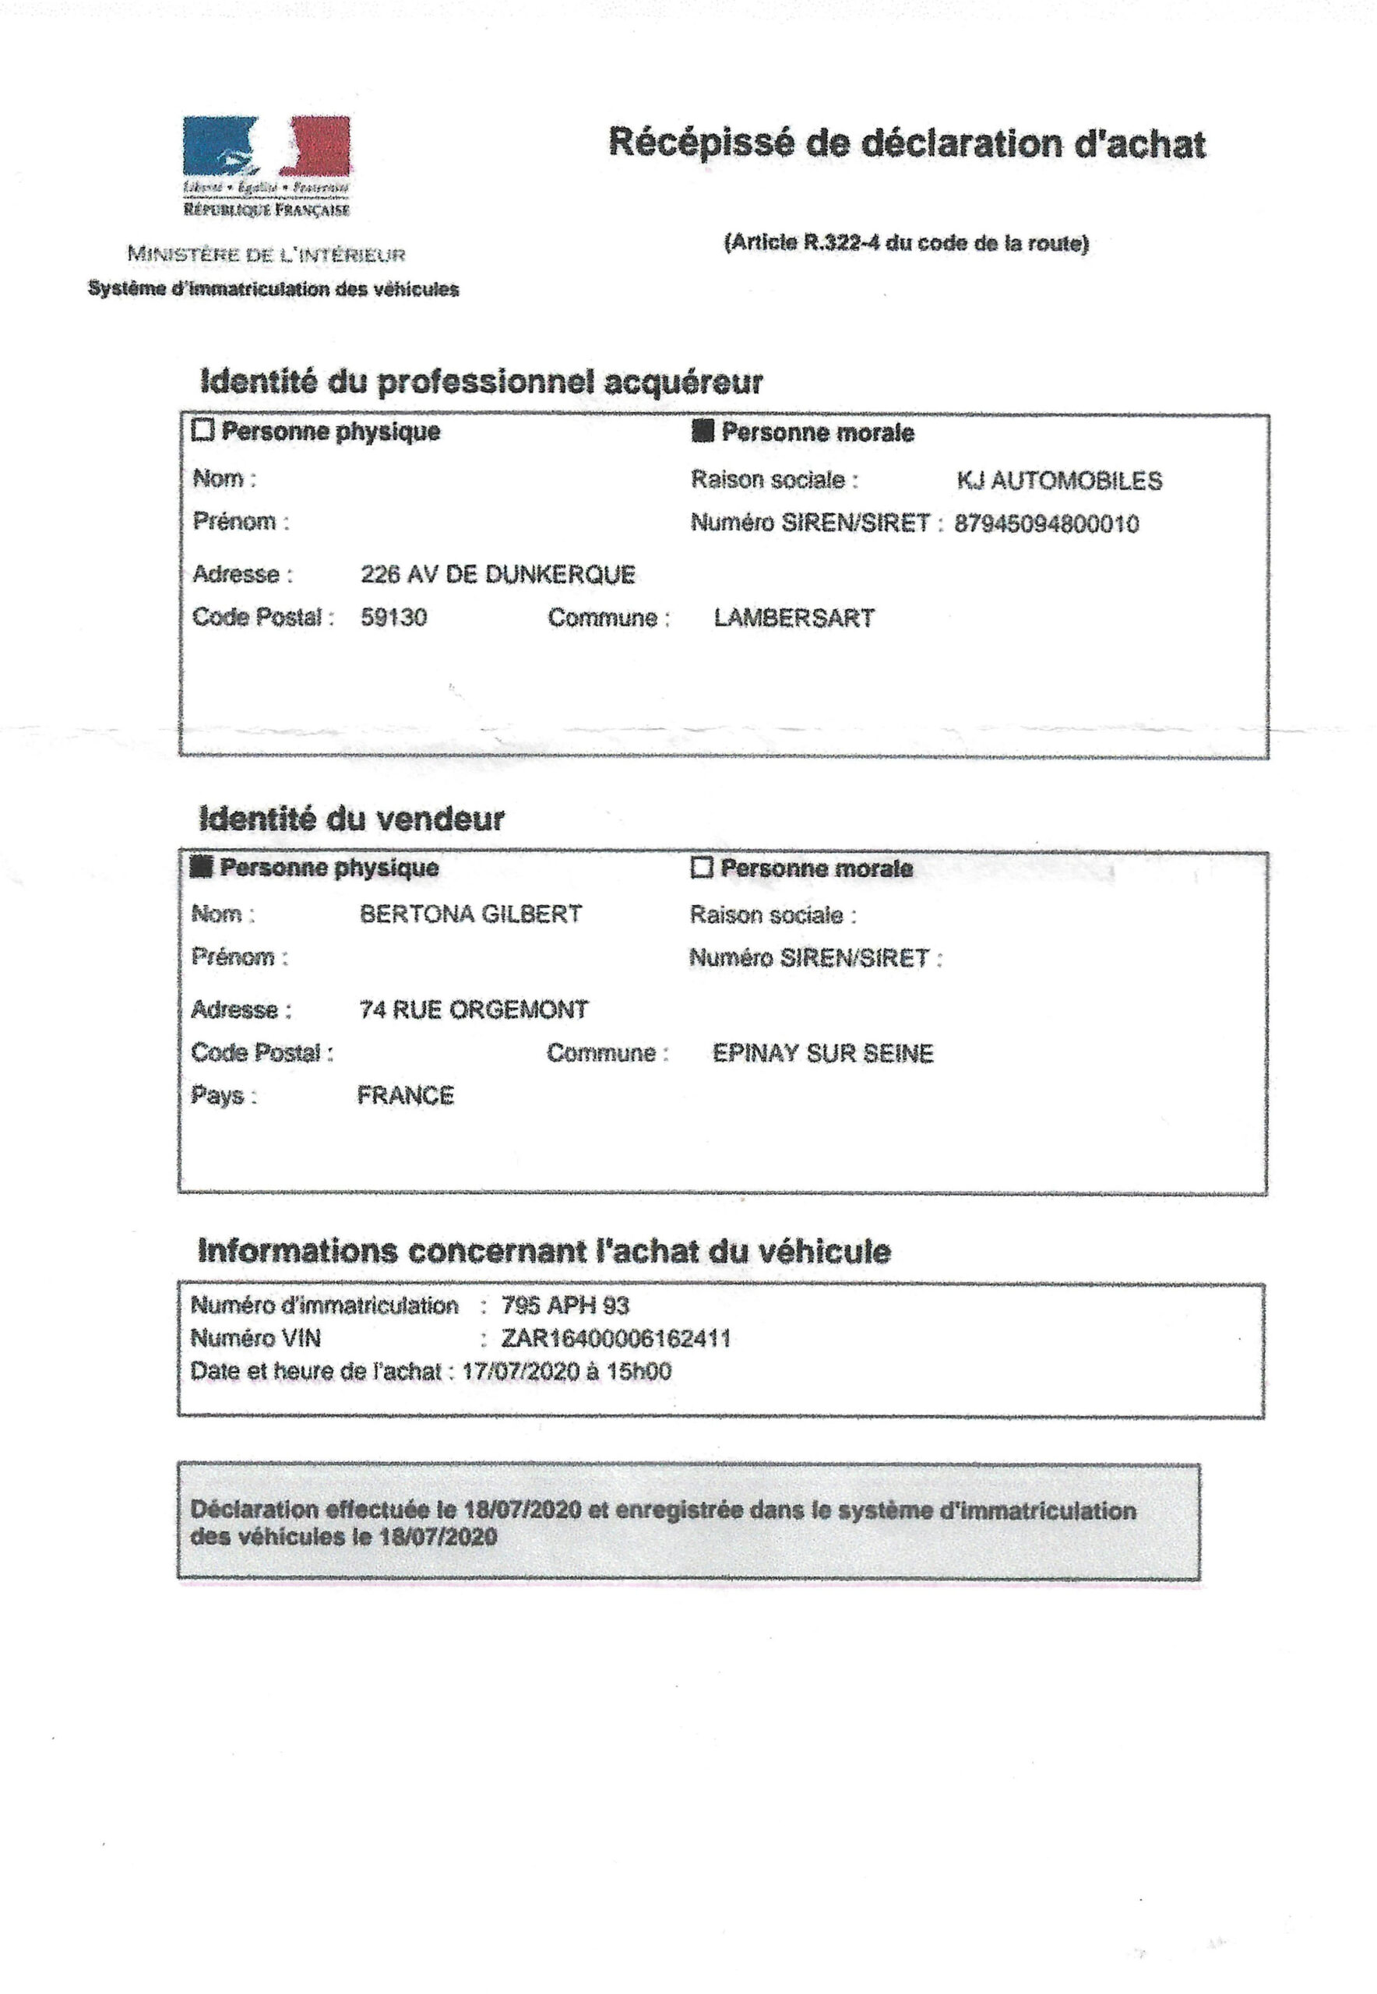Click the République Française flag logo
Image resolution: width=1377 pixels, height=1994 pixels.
pos(266,146)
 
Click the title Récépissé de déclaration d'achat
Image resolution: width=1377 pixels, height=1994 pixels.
pos(907,143)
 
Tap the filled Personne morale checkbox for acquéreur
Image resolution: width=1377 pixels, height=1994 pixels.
pos(703,431)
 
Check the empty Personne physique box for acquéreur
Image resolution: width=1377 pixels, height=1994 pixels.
pos(202,430)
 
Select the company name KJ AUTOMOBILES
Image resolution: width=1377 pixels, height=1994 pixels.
pos(1058,481)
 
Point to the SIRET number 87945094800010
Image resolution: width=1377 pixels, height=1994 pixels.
pos(1046,523)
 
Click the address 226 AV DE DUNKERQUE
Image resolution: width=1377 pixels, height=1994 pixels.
pos(498,575)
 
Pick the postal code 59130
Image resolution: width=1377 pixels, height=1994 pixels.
pos(393,618)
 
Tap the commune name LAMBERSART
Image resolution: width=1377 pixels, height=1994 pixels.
pos(794,618)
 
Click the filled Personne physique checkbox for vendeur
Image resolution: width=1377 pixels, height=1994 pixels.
pos(202,866)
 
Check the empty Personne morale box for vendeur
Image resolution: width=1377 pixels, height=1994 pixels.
pos(703,867)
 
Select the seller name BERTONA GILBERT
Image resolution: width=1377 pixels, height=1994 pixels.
pos(470,914)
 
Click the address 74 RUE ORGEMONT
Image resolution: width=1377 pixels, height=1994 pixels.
pos(474,1009)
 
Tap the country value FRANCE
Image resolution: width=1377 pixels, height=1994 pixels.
pos(406,1095)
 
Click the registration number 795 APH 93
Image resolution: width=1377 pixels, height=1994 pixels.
pos(565,1305)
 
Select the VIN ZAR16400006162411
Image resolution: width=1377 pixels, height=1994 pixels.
pos(616,1338)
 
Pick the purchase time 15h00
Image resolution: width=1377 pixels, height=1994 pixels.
pos(640,1371)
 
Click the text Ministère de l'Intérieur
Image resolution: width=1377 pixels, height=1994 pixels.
pos(266,255)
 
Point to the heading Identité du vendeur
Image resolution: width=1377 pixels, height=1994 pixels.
pos(351,818)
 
